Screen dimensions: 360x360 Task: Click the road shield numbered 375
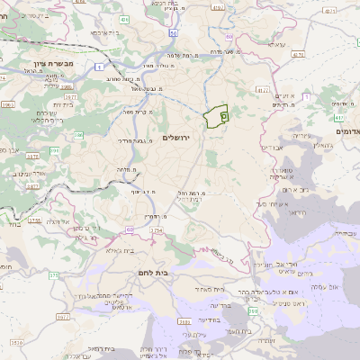click(x=52, y=274)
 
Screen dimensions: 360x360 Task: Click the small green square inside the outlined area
click(x=224, y=116)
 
